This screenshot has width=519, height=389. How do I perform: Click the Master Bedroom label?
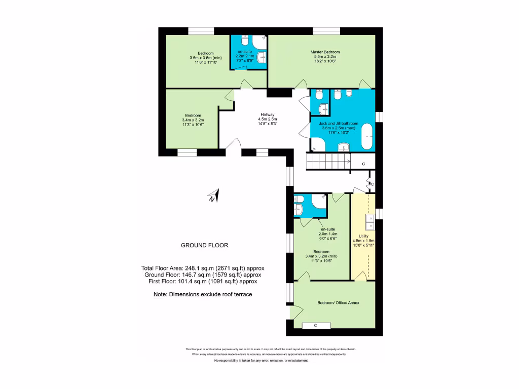[325, 52]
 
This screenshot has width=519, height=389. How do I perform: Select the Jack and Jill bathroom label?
[338, 123]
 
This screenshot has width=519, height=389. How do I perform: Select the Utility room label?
[363, 236]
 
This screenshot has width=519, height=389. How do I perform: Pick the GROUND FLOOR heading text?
[204, 245]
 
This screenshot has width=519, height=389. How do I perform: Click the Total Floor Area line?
[203, 268]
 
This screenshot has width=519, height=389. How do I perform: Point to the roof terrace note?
[203, 294]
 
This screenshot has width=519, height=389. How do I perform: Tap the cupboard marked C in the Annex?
[315, 325]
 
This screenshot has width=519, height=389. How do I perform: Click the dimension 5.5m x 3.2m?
[325, 57]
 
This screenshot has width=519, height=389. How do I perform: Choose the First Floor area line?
[203, 281]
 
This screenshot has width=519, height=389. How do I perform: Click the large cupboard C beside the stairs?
[364, 164]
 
